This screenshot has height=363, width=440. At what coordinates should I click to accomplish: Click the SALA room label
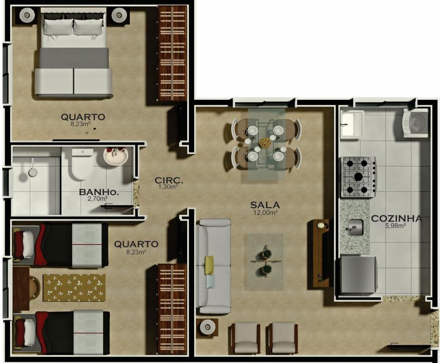point(265,205)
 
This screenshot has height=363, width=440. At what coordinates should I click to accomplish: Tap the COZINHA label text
point(396,219)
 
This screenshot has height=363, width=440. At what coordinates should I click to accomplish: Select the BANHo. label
point(99,192)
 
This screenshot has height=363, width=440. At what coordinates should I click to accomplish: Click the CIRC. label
point(169,180)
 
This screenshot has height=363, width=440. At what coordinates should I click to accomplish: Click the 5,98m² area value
point(396,226)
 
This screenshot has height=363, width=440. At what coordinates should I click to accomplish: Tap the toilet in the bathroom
point(82,164)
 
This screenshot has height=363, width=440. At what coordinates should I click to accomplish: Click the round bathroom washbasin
point(116,156)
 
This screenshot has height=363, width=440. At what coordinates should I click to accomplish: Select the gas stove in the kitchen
point(359,177)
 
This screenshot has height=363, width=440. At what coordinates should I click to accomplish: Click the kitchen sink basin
point(355,227)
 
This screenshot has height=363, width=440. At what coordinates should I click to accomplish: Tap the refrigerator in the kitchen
point(358,275)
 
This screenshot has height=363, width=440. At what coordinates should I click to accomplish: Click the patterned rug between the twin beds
point(74,288)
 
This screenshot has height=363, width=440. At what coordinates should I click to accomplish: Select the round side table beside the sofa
point(207,327)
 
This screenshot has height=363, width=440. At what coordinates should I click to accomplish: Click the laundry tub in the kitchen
point(352,124)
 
